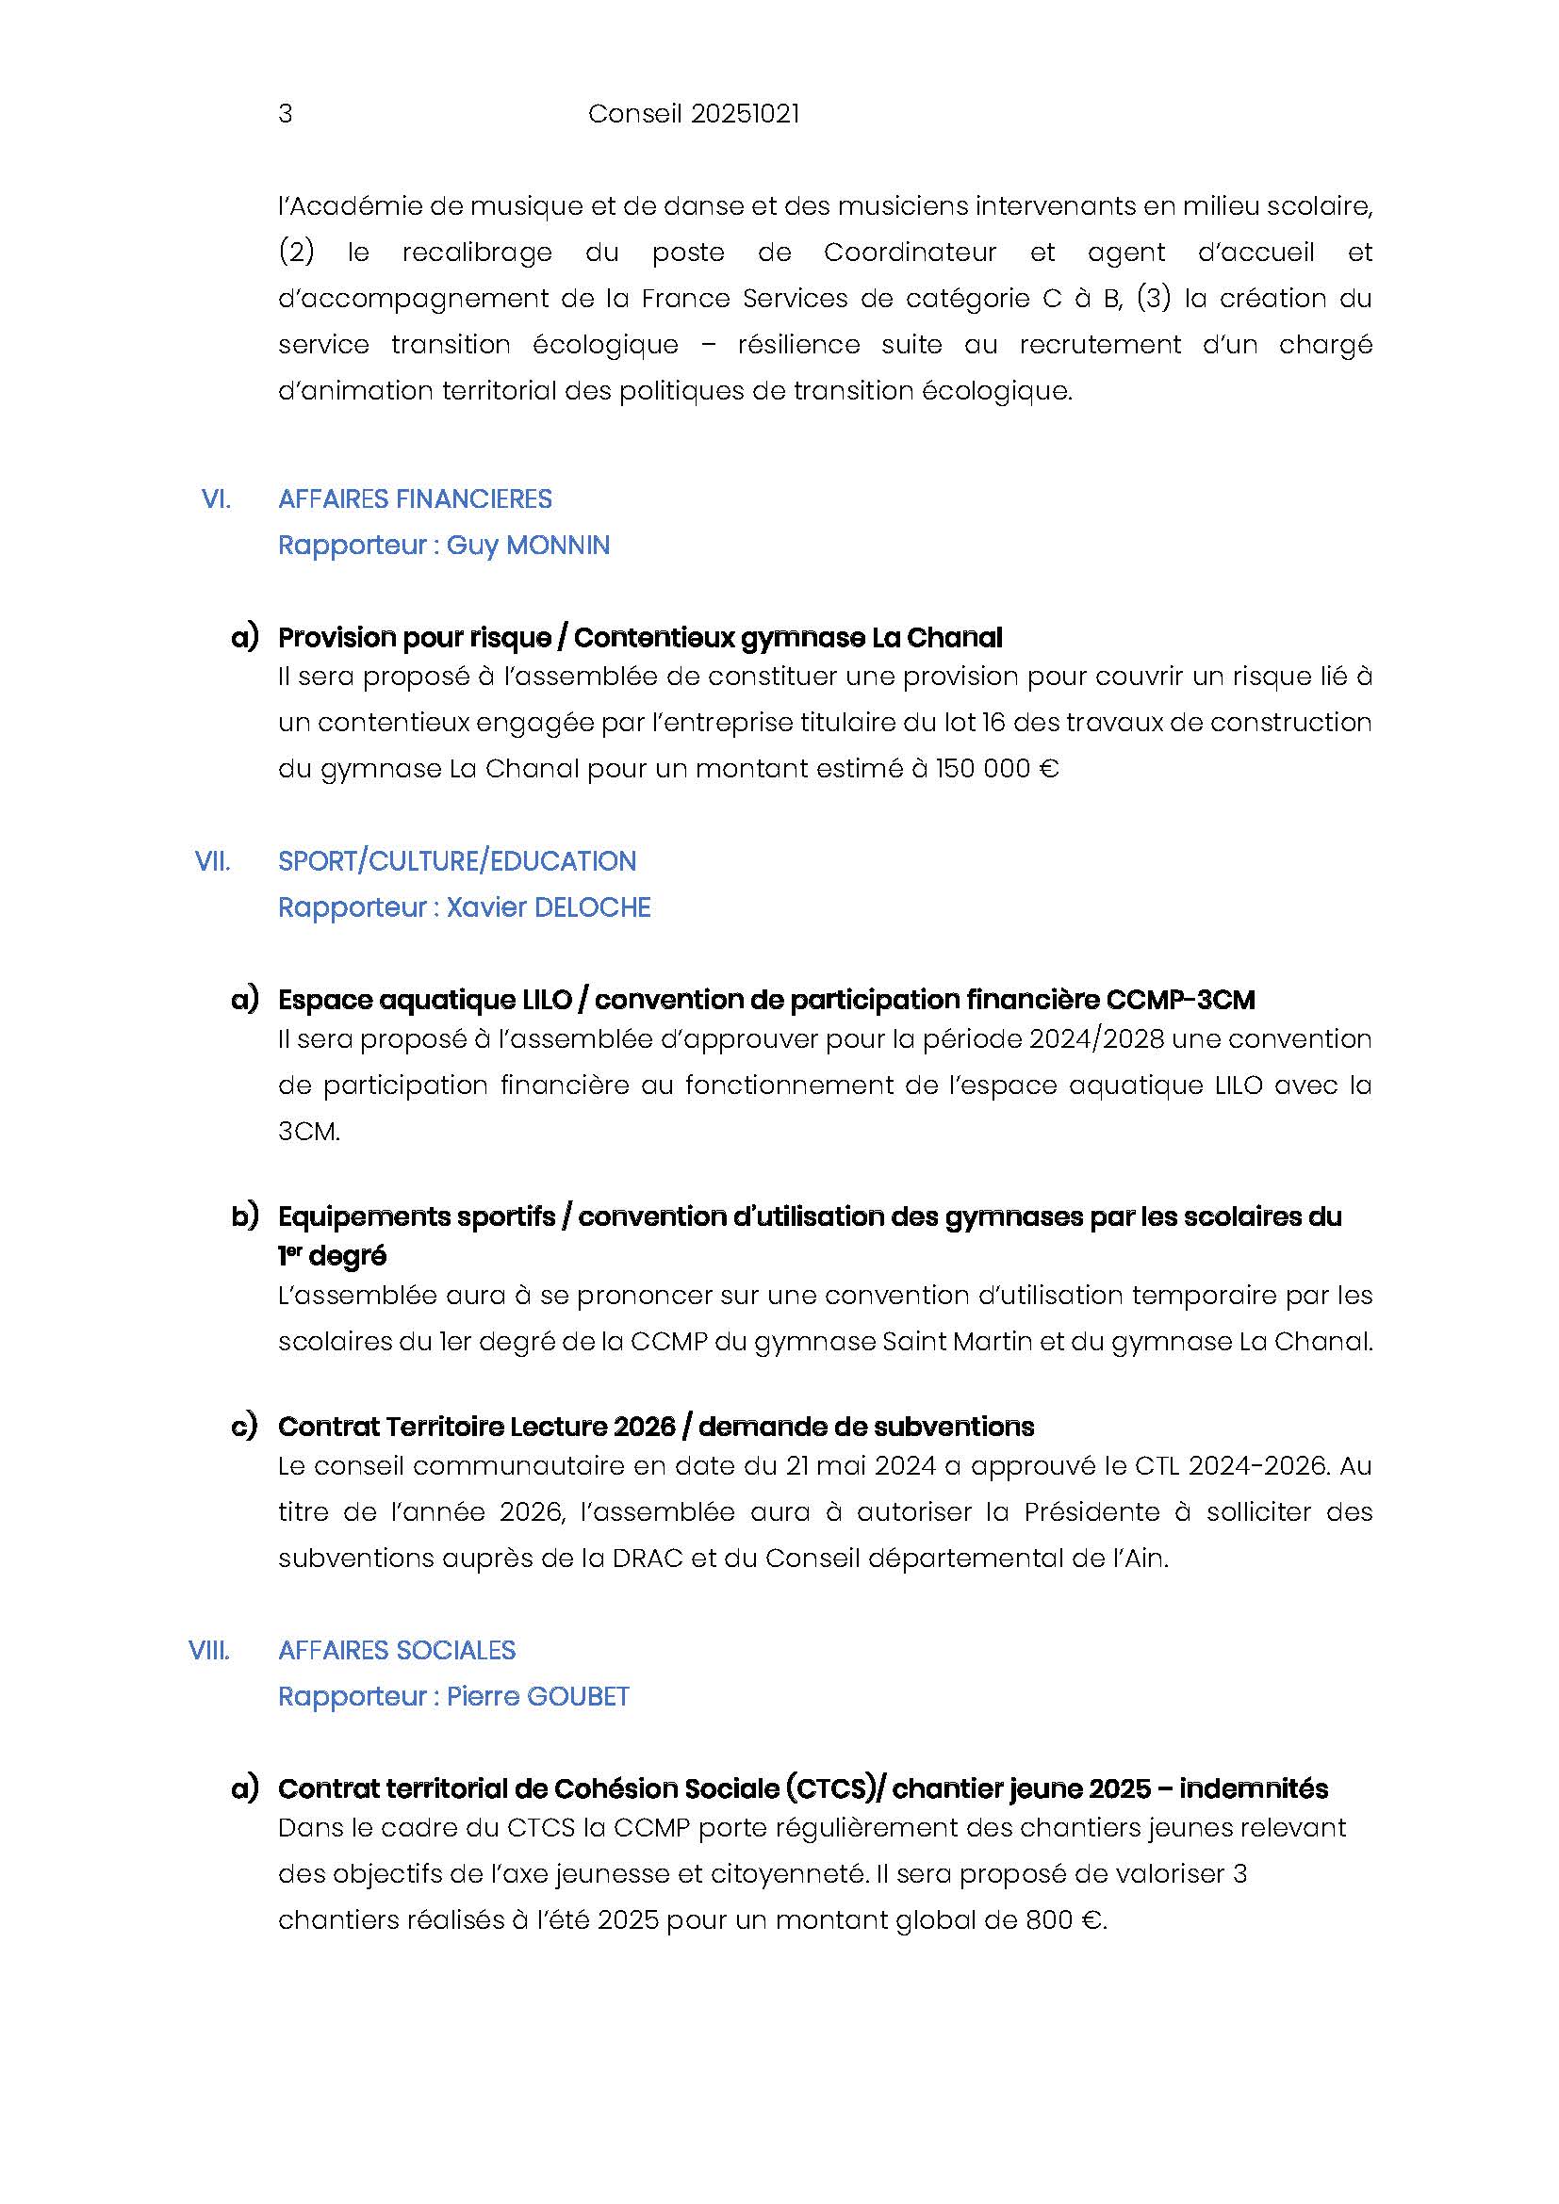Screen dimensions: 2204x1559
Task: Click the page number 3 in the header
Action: click(285, 113)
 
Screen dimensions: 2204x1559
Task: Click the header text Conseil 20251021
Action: click(693, 113)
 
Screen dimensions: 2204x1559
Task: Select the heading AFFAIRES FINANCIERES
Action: click(415, 499)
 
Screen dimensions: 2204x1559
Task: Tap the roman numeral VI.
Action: click(216, 499)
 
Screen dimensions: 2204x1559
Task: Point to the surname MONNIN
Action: click(558, 546)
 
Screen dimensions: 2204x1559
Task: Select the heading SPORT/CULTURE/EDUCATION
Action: click(457, 861)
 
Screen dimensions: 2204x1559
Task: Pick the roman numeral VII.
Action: click(213, 861)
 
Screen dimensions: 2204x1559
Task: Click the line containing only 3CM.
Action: click(309, 1132)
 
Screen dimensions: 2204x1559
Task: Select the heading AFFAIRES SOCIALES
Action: click(397, 1650)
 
